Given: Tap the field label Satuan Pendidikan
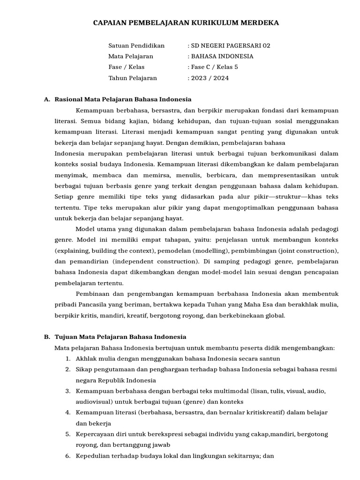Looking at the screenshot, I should point(136,46).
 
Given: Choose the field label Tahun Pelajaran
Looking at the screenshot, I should point(133,78).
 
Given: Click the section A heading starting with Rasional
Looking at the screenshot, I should point(123,99).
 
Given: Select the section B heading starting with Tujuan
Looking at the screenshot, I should point(120,337).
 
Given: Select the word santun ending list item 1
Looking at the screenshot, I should point(270,359).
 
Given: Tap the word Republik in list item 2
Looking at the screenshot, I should point(112,380).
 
